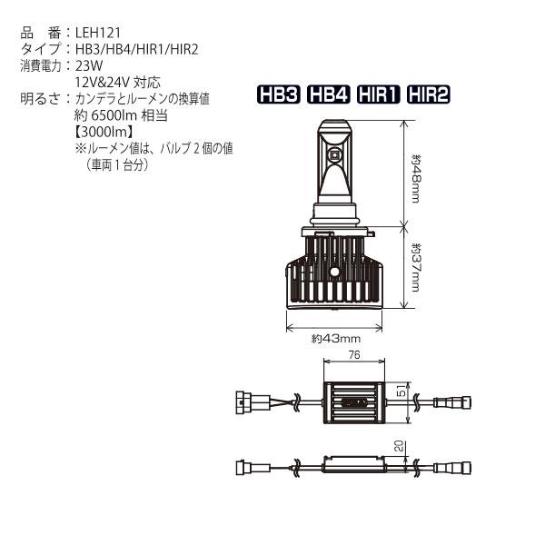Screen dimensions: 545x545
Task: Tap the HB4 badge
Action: coord(330,95)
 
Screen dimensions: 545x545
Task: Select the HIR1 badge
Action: coord(380,95)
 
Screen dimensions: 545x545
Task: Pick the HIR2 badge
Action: coord(430,95)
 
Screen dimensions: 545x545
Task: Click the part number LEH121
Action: coord(94,34)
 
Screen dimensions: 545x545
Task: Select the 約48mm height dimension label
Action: coord(416,178)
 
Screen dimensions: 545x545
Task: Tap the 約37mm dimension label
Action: coord(416,265)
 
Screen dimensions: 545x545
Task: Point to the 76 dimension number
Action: coord(356,355)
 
